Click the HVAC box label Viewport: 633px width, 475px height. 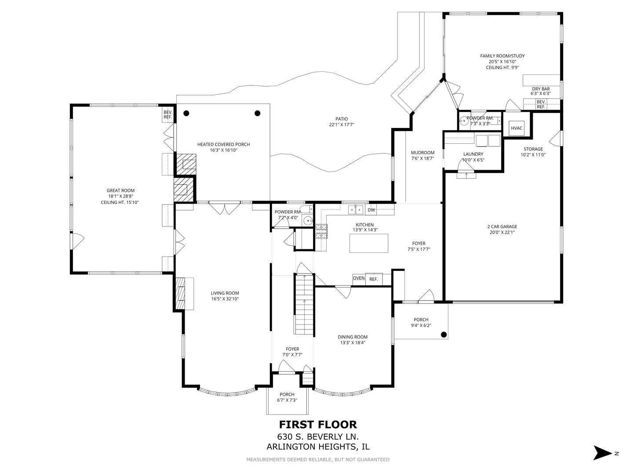tap(517, 128)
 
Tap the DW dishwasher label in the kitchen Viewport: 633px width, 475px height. tap(371, 210)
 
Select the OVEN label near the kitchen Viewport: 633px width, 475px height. tap(359, 278)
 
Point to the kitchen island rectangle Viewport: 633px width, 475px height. tap(369, 243)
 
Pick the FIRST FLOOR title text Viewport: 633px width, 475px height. tap(318, 424)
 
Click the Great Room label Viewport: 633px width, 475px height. tap(120, 190)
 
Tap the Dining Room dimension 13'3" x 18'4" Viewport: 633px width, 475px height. tap(353, 343)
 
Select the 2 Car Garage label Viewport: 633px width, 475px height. tap(502, 227)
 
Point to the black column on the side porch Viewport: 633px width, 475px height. tap(444, 335)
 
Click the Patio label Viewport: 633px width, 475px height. tap(342, 119)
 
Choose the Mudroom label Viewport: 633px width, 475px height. tap(422, 153)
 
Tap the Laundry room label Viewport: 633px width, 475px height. tap(473, 154)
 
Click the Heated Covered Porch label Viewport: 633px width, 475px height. tap(223, 144)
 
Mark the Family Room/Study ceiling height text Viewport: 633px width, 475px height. tap(502, 67)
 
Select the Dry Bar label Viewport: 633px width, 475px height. tap(541, 89)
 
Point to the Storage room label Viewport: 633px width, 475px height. tap(533, 149)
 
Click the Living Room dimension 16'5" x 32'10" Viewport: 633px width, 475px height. tap(225, 299)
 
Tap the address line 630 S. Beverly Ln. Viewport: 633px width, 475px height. tap(318, 437)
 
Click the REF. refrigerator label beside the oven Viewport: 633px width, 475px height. tap(374, 279)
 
